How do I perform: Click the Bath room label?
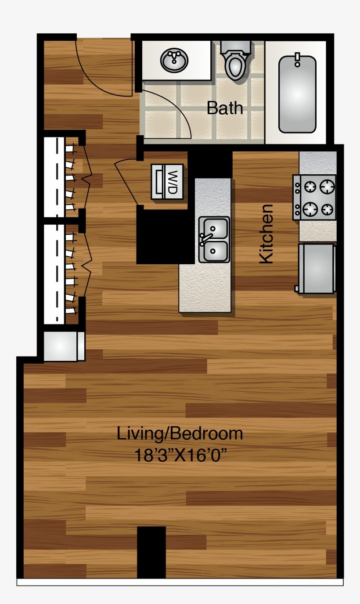coord(225,108)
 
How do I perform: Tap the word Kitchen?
coord(266,234)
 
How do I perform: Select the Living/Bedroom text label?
coord(180,434)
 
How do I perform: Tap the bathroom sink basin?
coord(174,60)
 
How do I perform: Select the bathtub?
coord(297,94)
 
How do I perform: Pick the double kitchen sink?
coord(214,240)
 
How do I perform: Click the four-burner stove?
coord(314,197)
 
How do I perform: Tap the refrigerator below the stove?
coord(316,268)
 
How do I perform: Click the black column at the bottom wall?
coord(151,552)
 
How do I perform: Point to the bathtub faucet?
coord(298,59)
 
